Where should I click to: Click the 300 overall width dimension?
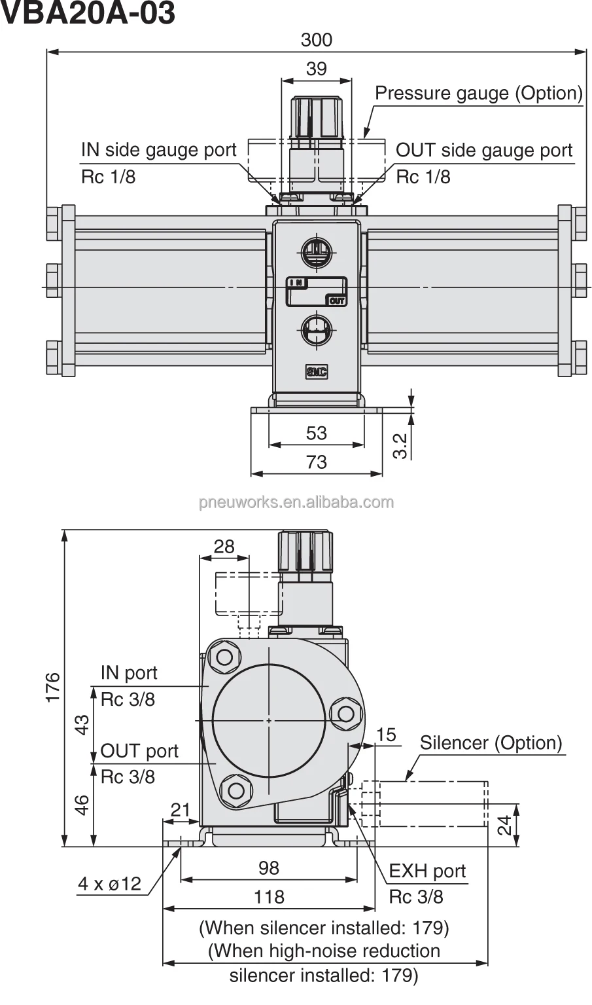coord(316,40)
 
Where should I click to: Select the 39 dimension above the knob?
coord(316,69)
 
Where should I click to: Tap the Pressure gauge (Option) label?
coord(478,93)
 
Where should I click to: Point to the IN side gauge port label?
coord(158,150)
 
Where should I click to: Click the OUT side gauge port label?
coord(484,150)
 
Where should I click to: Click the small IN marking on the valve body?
coord(297,282)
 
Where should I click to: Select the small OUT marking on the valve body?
coord(336,301)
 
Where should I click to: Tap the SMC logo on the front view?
coord(317,372)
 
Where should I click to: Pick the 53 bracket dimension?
coord(316,433)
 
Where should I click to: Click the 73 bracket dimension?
coord(316,462)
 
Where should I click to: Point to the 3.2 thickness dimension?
coord(400,445)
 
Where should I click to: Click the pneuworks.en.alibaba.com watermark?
coord(296,502)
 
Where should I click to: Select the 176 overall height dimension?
coord(52,687)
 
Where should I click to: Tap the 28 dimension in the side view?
coord(224,547)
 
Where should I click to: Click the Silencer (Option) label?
coord(491,742)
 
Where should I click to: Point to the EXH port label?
coord(427,871)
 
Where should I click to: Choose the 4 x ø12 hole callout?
coord(109,884)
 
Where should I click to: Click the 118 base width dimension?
coord(269,896)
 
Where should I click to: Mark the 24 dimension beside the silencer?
coord(504,826)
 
